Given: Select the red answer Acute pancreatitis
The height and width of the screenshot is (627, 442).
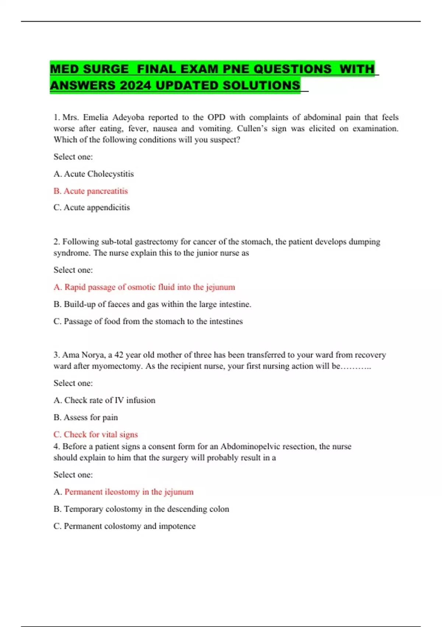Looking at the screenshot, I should pos(91,191).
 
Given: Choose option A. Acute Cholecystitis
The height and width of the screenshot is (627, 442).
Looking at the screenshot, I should pos(94,174).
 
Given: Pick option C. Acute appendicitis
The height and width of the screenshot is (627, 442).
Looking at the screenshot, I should pos(92,208).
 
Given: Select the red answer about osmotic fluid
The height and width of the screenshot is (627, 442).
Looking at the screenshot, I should pos(144,287).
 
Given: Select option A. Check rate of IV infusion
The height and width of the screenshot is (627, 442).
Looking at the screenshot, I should pos(104,401).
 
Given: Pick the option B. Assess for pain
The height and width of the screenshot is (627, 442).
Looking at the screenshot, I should pos(85,418).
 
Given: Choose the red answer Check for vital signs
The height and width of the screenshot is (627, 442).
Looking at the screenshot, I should pos(95,434).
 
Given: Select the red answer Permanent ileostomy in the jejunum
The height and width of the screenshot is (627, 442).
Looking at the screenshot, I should pos(129,492).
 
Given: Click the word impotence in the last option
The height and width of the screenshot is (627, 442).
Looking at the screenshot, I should pos(177,526).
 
